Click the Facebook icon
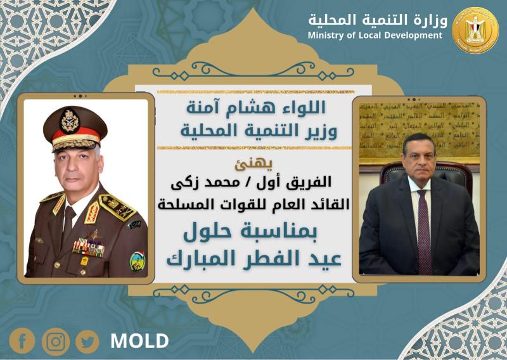pos(22,341)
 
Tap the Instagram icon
pos(56,342)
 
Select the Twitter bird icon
pos(87,342)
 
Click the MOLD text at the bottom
pos(139,341)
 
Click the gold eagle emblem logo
pos(475,30)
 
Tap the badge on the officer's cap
pos(70,121)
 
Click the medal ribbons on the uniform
pos(88,247)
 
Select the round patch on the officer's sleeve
pos(138,261)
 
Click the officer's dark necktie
pos(68,223)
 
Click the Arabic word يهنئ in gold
pos(253,164)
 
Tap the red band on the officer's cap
pos(76,132)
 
